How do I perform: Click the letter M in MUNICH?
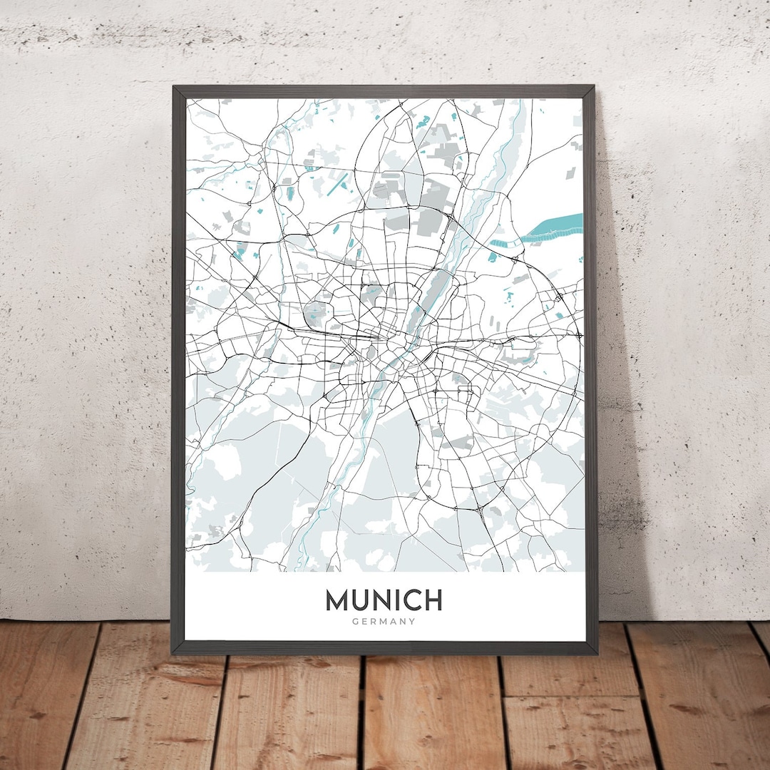(339, 600)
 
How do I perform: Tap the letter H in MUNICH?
(431, 600)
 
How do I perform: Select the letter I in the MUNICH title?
(391, 600)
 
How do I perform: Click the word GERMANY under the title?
(384, 622)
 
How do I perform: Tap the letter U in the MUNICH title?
(361, 600)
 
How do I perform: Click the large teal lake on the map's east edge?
(553, 228)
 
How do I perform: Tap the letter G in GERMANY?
(355, 622)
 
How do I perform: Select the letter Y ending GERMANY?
(412, 622)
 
